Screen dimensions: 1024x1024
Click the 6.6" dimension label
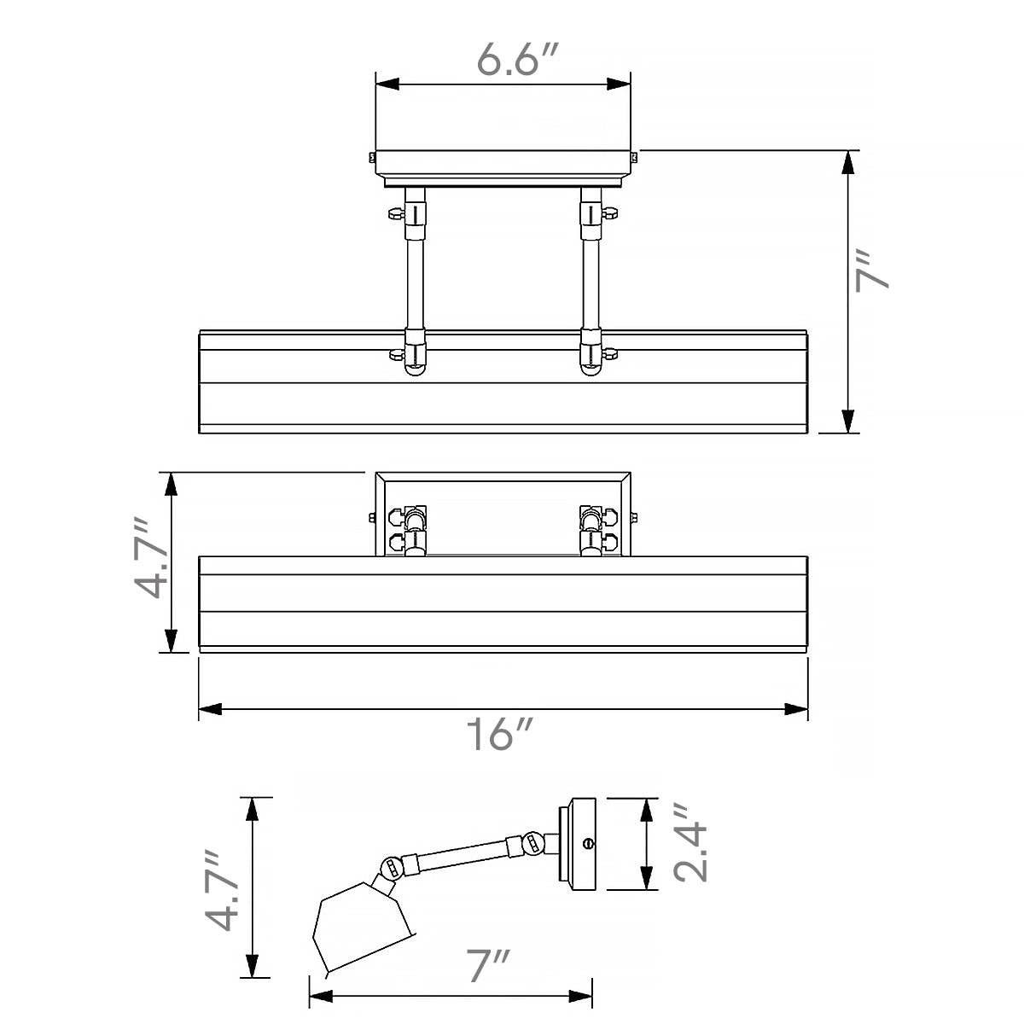[x=517, y=59]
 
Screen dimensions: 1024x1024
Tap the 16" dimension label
[x=498, y=734]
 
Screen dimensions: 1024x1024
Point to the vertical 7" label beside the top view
[x=871, y=271]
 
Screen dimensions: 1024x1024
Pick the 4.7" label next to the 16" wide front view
[x=150, y=557]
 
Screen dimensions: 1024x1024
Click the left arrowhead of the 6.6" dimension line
[x=387, y=84]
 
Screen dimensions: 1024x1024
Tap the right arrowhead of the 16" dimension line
[x=796, y=709]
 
